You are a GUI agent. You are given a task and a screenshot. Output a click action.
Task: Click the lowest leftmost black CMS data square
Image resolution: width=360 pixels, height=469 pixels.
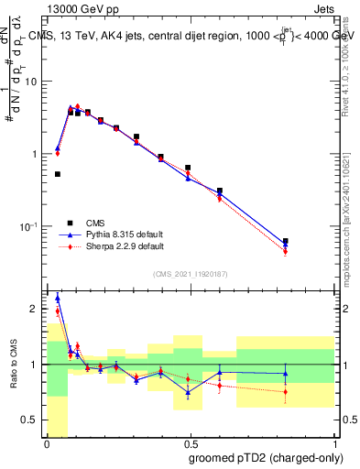coord(58,174)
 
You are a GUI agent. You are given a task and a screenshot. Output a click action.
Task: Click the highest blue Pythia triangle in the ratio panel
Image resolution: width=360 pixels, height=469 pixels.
coord(58,298)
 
